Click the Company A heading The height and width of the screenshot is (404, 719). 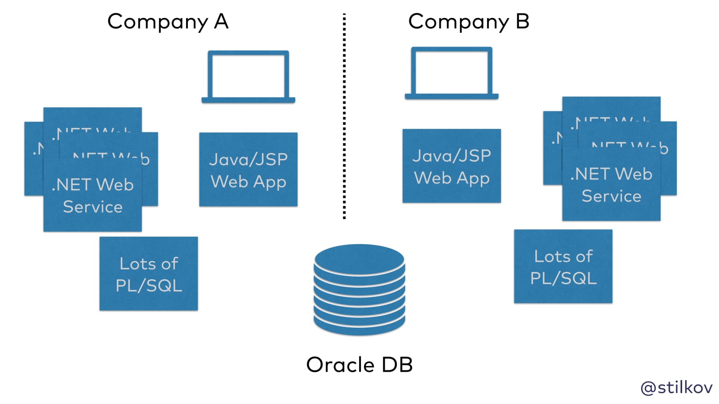168,22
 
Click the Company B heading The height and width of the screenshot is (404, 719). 469,22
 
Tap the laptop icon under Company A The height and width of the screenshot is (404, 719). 248,76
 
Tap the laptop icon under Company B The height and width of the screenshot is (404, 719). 452,73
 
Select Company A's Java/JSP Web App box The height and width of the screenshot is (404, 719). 248,170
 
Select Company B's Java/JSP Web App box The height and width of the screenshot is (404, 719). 452,166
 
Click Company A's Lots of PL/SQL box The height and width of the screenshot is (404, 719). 149,274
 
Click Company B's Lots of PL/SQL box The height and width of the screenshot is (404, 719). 563,267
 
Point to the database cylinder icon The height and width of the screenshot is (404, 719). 359,290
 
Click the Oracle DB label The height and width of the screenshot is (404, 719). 359,365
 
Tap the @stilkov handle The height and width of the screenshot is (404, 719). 676,387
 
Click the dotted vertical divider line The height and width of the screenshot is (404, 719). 344,117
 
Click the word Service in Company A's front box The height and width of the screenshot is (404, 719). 93,207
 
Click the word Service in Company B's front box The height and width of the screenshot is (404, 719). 611,196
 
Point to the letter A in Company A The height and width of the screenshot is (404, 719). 221,21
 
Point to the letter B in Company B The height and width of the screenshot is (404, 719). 523,21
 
